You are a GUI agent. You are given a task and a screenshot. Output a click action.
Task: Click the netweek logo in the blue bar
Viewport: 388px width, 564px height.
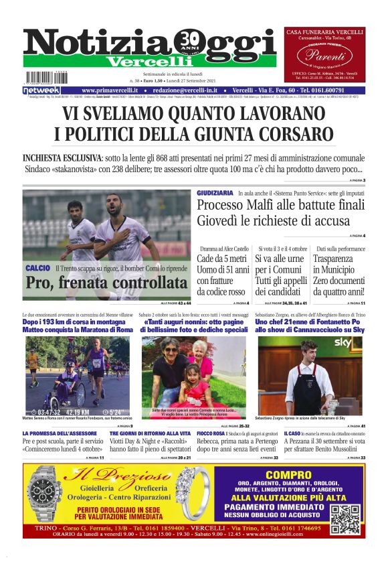pos(41,90)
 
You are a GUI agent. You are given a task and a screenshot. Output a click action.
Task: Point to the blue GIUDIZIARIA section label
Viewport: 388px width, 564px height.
pos(215,193)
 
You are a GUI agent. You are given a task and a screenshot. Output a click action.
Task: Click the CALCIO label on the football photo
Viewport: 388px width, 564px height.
pos(37,268)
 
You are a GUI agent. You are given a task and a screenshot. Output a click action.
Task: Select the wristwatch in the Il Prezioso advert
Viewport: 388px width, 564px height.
pos(46,496)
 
